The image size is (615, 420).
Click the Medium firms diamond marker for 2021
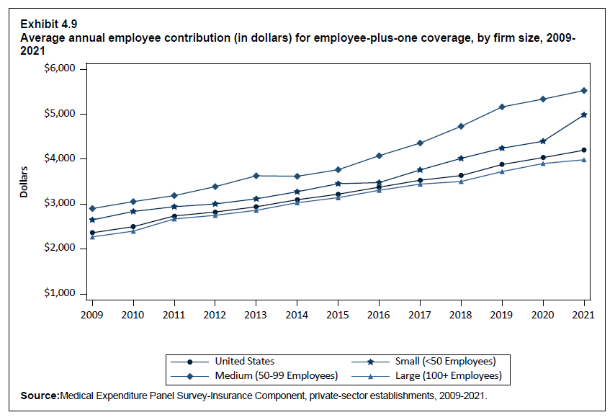pos(584,91)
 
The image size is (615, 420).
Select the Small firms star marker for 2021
pos(584,115)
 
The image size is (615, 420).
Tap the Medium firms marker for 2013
pos(256,176)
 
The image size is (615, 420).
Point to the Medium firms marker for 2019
pos(502,107)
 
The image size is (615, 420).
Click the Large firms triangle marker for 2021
pos(584,160)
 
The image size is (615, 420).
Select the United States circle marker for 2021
pos(584,150)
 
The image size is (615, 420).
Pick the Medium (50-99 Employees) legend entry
pos(276,375)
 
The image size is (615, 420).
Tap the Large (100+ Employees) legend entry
pos(447,375)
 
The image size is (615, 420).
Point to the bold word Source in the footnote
pos(40,396)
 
